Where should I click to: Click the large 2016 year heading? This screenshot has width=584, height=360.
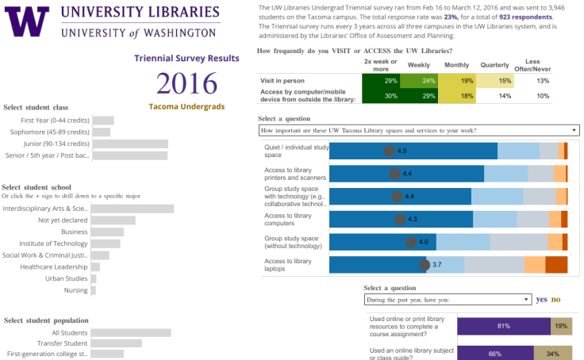[x=186, y=83]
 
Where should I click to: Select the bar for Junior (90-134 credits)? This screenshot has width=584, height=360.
[x=130, y=144]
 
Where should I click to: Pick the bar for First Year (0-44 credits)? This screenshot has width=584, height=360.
[x=103, y=121]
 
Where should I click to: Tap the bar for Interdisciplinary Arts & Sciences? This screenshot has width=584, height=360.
[x=133, y=209]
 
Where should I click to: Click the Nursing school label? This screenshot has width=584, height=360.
[x=76, y=290]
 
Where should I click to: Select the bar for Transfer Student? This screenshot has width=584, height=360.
[x=117, y=343]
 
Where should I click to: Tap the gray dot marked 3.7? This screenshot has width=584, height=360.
[x=425, y=265]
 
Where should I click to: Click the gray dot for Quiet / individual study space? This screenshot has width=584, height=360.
[x=389, y=151]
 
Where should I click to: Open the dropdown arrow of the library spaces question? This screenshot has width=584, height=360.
[x=574, y=130]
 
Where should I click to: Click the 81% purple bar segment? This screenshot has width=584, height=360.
[x=503, y=326]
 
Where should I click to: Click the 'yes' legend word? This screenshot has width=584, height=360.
[x=541, y=300]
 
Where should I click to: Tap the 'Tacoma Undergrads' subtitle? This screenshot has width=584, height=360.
[x=186, y=107]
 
